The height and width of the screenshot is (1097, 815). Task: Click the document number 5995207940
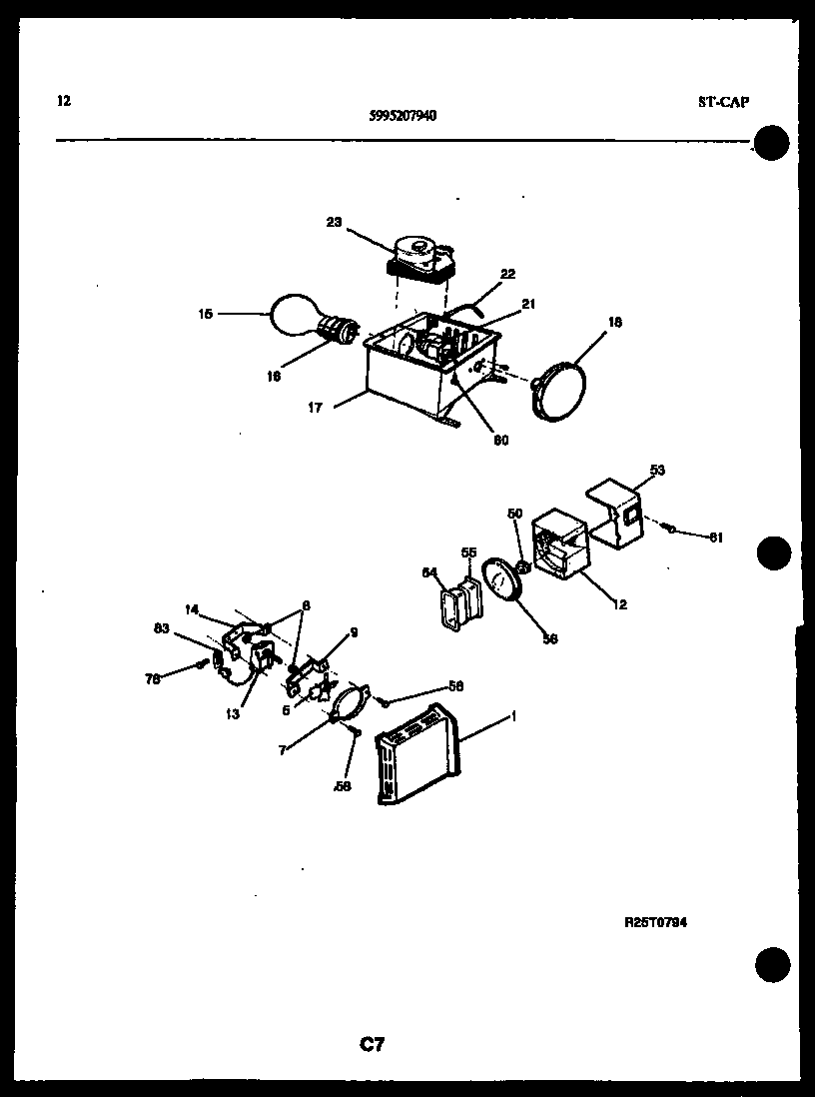coord(403,114)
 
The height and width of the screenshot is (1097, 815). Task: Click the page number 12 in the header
coord(65,100)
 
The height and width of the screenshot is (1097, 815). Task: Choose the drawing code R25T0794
coord(654,923)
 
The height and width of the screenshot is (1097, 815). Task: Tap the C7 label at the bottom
coord(372,1045)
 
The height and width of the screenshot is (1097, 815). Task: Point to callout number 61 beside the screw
coord(715,538)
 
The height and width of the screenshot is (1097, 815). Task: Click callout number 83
coord(161,627)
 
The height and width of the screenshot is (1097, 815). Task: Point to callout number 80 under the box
coord(500,440)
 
